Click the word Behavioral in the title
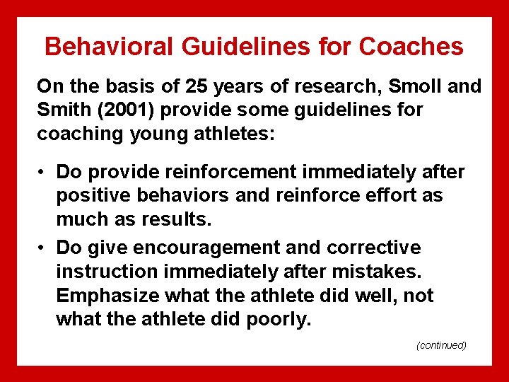[107, 47]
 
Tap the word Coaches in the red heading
[411, 47]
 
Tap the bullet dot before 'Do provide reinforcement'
[43, 172]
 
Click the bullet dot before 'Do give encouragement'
[43, 248]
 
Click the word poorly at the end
[279, 319]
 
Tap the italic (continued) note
[441, 345]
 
